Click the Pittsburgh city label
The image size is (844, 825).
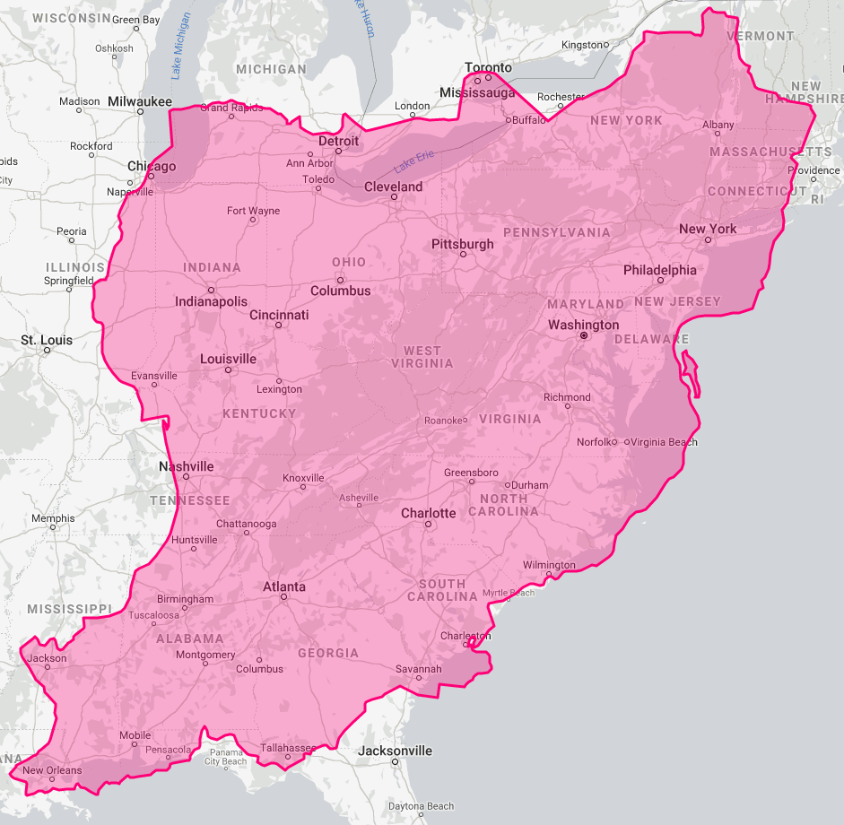pos(462,244)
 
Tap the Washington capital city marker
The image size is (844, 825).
pos(584,335)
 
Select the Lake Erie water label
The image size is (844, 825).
pos(413,161)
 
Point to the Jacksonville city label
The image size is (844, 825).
pos(395,751)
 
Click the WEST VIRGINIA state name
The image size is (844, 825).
pos(422,357)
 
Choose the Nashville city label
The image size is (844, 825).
pos(187,466)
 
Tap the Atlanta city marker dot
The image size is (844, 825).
pos(283,596)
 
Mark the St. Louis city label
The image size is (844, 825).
pos(47,340)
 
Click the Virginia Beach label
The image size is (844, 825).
pos(665,442)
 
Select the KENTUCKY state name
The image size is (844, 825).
pos(259,413)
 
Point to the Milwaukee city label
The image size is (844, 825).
pos(139,101)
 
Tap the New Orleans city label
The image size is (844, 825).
pos(52,770)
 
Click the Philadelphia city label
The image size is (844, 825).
pos(659,270)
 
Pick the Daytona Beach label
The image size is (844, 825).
pos(421,806)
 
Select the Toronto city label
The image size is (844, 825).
pos(488,67)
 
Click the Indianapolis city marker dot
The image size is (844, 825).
pos(211,291)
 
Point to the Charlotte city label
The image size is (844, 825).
pos(428,513)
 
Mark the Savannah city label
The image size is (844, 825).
pos(418,669)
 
